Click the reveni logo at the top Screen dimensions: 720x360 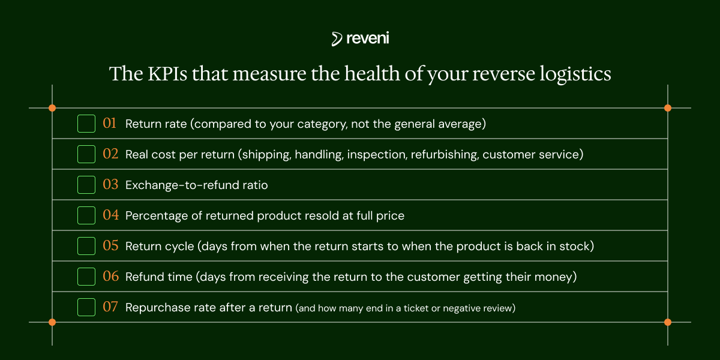361,38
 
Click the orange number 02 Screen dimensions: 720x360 110,154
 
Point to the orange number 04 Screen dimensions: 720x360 110,215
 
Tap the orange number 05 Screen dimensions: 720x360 110,245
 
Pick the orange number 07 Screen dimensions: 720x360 110,307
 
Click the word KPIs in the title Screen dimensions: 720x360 167,74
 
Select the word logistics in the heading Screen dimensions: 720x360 575,74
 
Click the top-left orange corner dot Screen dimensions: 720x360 52,108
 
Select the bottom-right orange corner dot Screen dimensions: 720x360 668,322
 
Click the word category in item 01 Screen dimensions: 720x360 322,124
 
